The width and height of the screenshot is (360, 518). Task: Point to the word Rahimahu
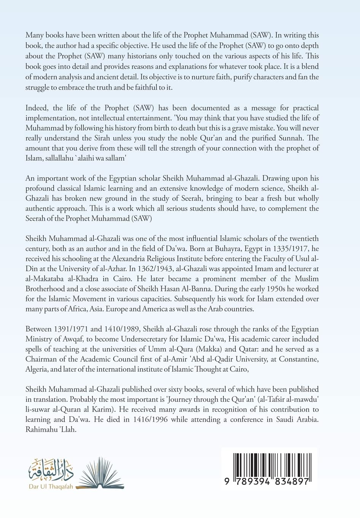(41, 429)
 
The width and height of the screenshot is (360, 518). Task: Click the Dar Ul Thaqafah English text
(51, 486)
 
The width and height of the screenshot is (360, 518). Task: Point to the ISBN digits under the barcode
(266, 481)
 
